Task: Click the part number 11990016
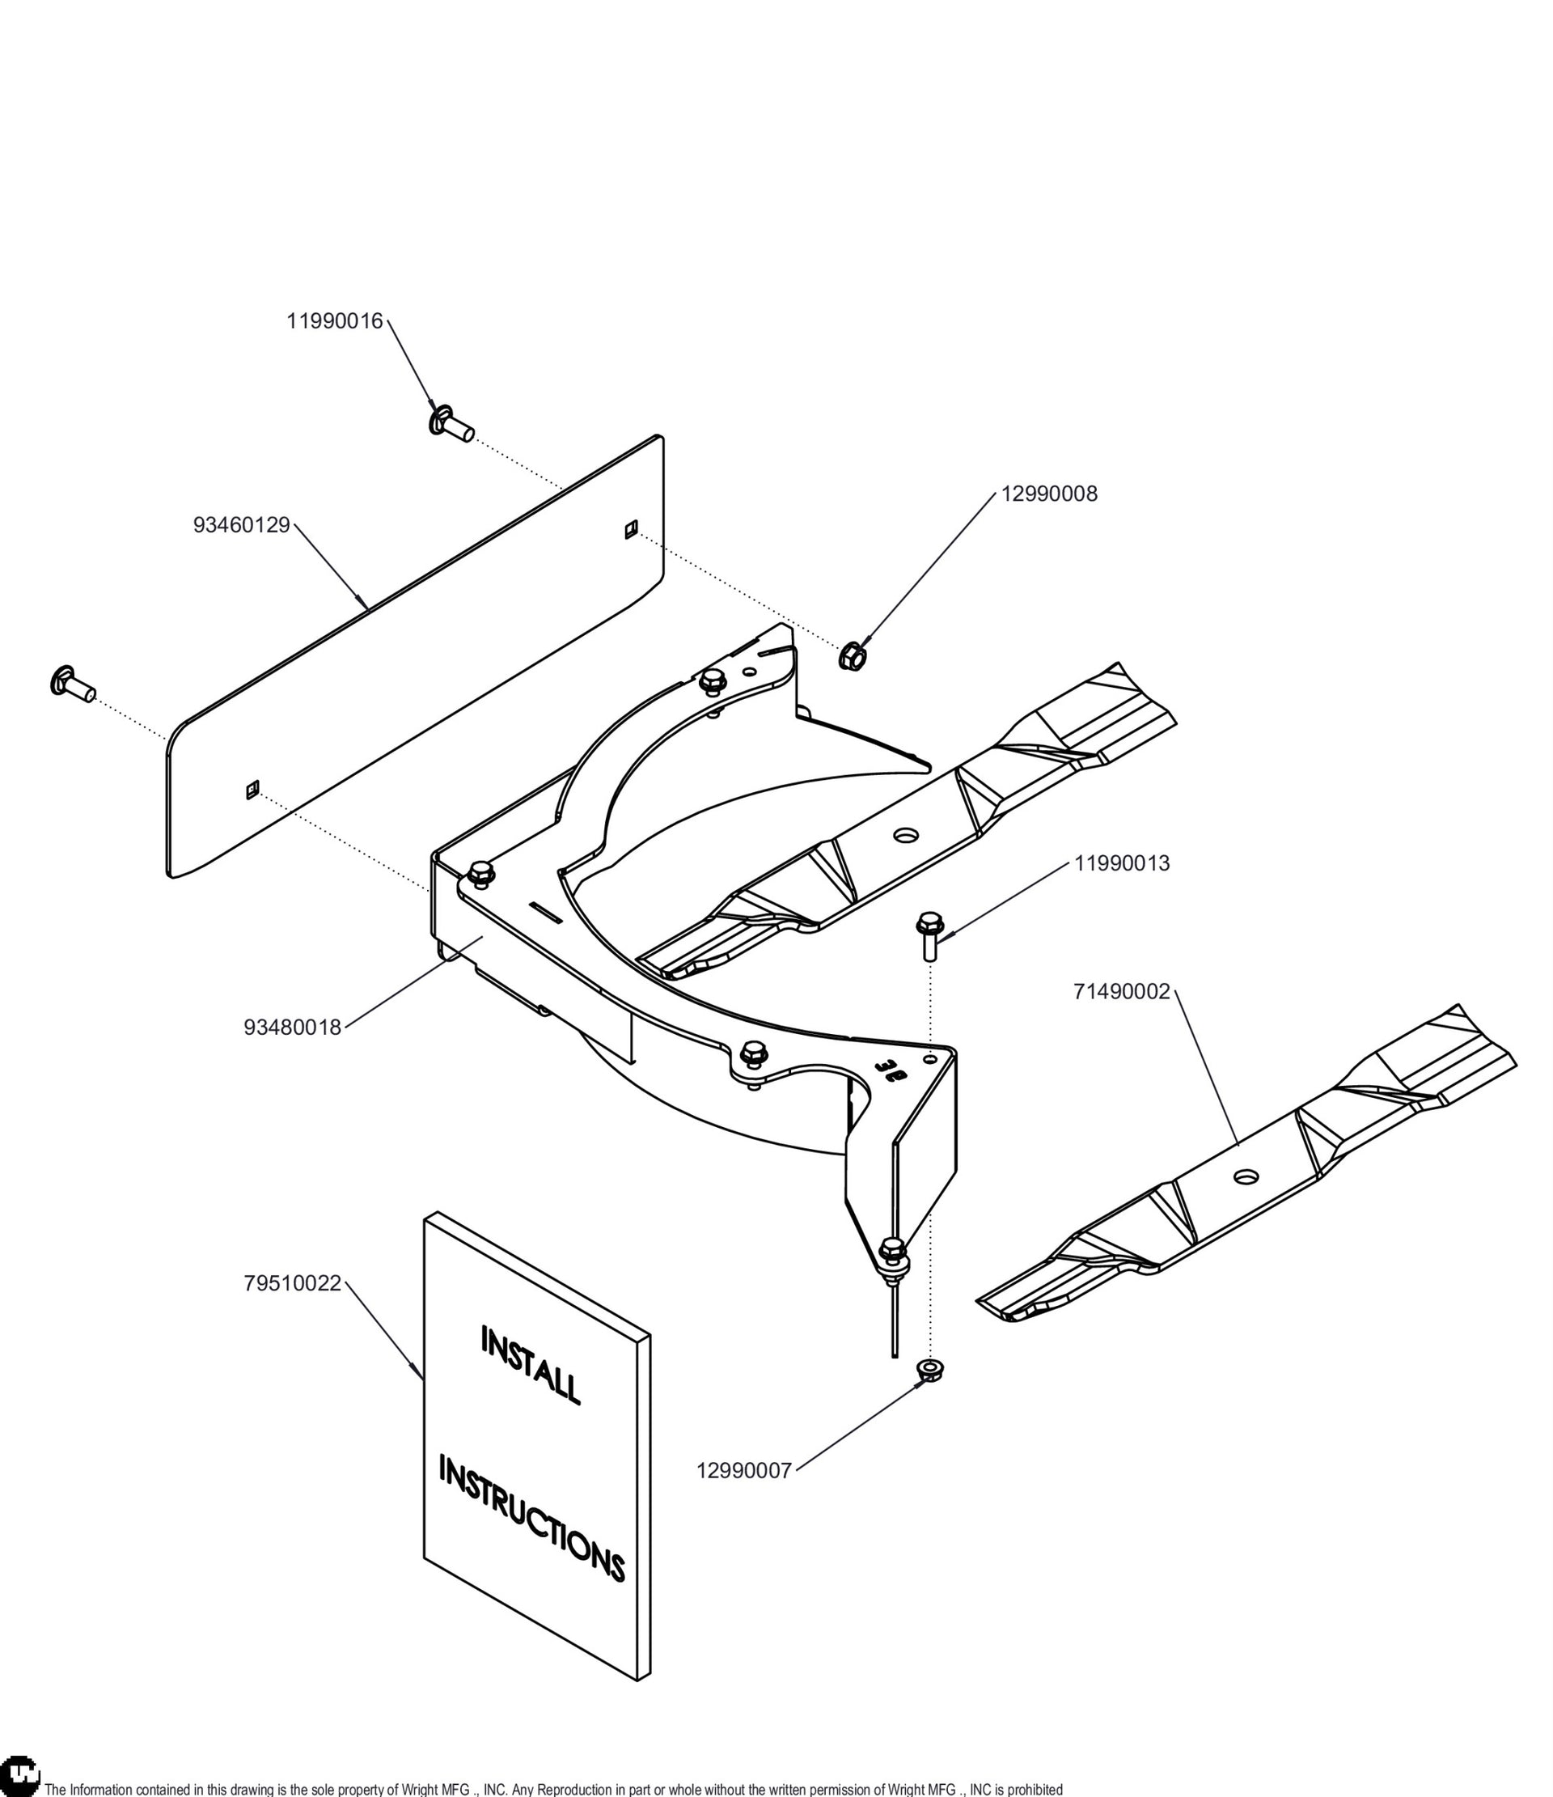pos(335,321)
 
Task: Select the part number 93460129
pos(242,526)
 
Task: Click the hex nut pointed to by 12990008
pos(852,655)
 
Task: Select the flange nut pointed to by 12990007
pos(930,1371)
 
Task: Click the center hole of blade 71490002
pos(1246,1177)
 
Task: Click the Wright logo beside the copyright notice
pos(20,1776)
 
